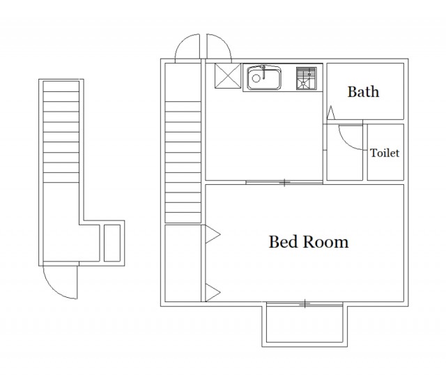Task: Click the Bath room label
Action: pyautogui.click(x=363, y=91)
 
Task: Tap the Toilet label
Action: pyautogui.click(x=385, y=153)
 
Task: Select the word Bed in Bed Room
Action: pyautogui.click(x=284, y=242)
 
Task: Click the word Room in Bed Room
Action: pyautogui.click(x=325, y=242)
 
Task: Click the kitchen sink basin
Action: pyautogui.click(x=263, y=77)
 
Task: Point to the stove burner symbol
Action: pyautogui.click(x=307, y=78)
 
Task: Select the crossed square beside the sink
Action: pyautogui.click(x=228, y=76)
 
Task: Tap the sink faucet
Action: pyautogui.click(x=263, y=71)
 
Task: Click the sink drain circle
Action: pyautogui.click(x=256, y=78)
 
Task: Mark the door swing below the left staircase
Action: pyautogui.click(x=54, y=290)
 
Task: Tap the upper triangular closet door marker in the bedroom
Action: pyautogui.click(x=213, y=234)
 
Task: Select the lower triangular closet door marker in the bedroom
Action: pyautogui.click(x=213, y=292)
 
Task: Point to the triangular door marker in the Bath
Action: pyautogui.click(x=330, y=112)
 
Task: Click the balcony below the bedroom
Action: pyautogui.click(x=305, y=324)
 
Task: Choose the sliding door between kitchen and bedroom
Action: pyautogui.click(x=284, y=182)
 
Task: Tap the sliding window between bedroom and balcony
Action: pyautogui.click(x=305, y=304)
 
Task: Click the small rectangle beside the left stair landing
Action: pyautogui.click(x=112, y=243)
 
